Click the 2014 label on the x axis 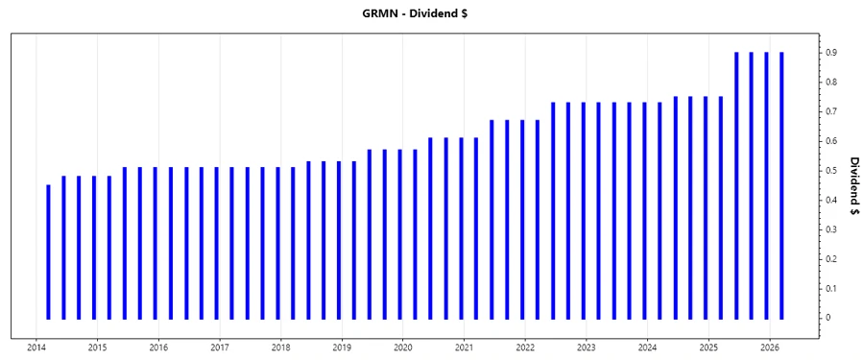coord(36,347)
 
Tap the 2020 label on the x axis coord(403,347)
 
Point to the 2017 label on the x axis coord(220,347)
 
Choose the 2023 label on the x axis coord(587,347)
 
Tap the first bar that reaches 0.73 coord(553,210)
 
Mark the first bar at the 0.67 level coord(492,219)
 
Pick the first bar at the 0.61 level coord(430,228)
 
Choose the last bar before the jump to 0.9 coord(721,207)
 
